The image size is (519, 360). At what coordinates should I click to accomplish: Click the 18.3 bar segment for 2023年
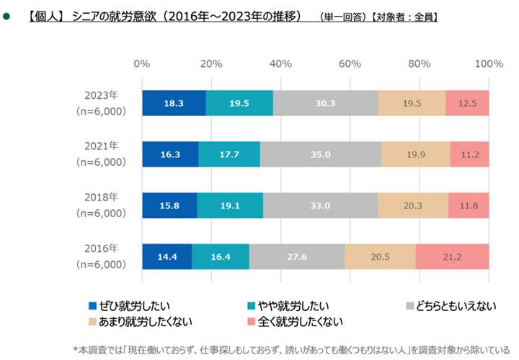tap(174, 103)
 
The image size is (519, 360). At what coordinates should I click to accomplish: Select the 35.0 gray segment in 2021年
tap(321, 154)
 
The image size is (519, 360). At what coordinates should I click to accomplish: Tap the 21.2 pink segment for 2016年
tap(452, 257)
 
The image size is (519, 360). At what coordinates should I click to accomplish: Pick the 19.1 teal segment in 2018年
tap(230, 206)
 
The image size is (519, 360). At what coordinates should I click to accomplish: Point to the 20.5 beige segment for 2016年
tap(380, 257)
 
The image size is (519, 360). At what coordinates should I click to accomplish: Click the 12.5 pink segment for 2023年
tap(467, 103)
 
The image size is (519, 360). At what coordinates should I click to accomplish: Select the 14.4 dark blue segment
tap(167, 257)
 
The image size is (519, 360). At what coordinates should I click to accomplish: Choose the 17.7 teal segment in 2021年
tap(229, 154)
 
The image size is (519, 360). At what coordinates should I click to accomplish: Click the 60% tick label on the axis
tap(350, 63)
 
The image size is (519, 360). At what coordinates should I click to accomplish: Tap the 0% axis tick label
tap(142, 63)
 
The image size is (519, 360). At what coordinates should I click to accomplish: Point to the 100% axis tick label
tap(488, 63)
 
